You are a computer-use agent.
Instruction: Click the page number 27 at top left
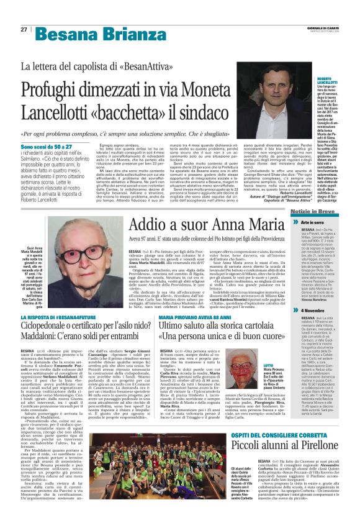pos(24,29)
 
